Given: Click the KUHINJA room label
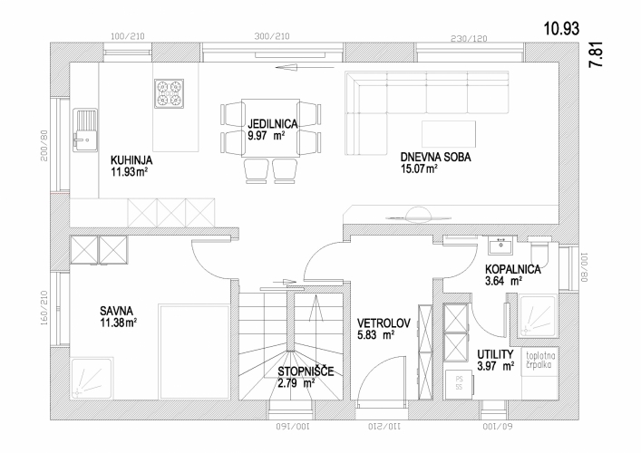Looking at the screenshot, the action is pyautogui.click(x=131, y=159).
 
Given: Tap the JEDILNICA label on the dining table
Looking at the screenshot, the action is pyautogui.click(x=272, y=123).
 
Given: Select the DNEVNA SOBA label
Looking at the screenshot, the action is pyautogui.click(x=435, y=158).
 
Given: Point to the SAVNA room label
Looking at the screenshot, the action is pyautogui.click(x=117, y=311).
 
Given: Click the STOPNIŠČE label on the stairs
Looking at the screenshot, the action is pyautogui.click(x=306, y=371).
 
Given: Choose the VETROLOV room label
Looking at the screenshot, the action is pyautogui.click(x=384, y=323).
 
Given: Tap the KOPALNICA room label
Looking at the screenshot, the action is pyautogui.click(x=513, y=270).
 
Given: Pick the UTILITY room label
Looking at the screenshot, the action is pyautogui.click(x=495, y=354).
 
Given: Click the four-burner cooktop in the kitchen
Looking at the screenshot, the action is pyautogui.click(x=169, y=93).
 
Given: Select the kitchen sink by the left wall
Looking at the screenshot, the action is pyautogui.click(x=85, y=130).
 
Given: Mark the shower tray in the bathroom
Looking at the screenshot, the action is pyautogui.click(x=537, y=316).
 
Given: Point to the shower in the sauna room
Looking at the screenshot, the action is pyautogui.click(x=92, y=378).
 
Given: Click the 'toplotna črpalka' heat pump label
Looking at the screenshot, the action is pyautogui.click(x=539, y=360).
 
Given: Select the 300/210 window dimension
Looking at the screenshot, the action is pyautogui.click(x=272, y=36).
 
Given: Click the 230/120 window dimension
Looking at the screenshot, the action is pyautogui.click(x=469, y=38).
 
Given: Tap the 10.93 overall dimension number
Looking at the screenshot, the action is pyautogui.click(x=562, y=29).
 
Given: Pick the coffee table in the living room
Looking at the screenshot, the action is pyautogui.click(x=449, y=134).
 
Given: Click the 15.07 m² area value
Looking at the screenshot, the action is pyautogui.click(x=420, y=169).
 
